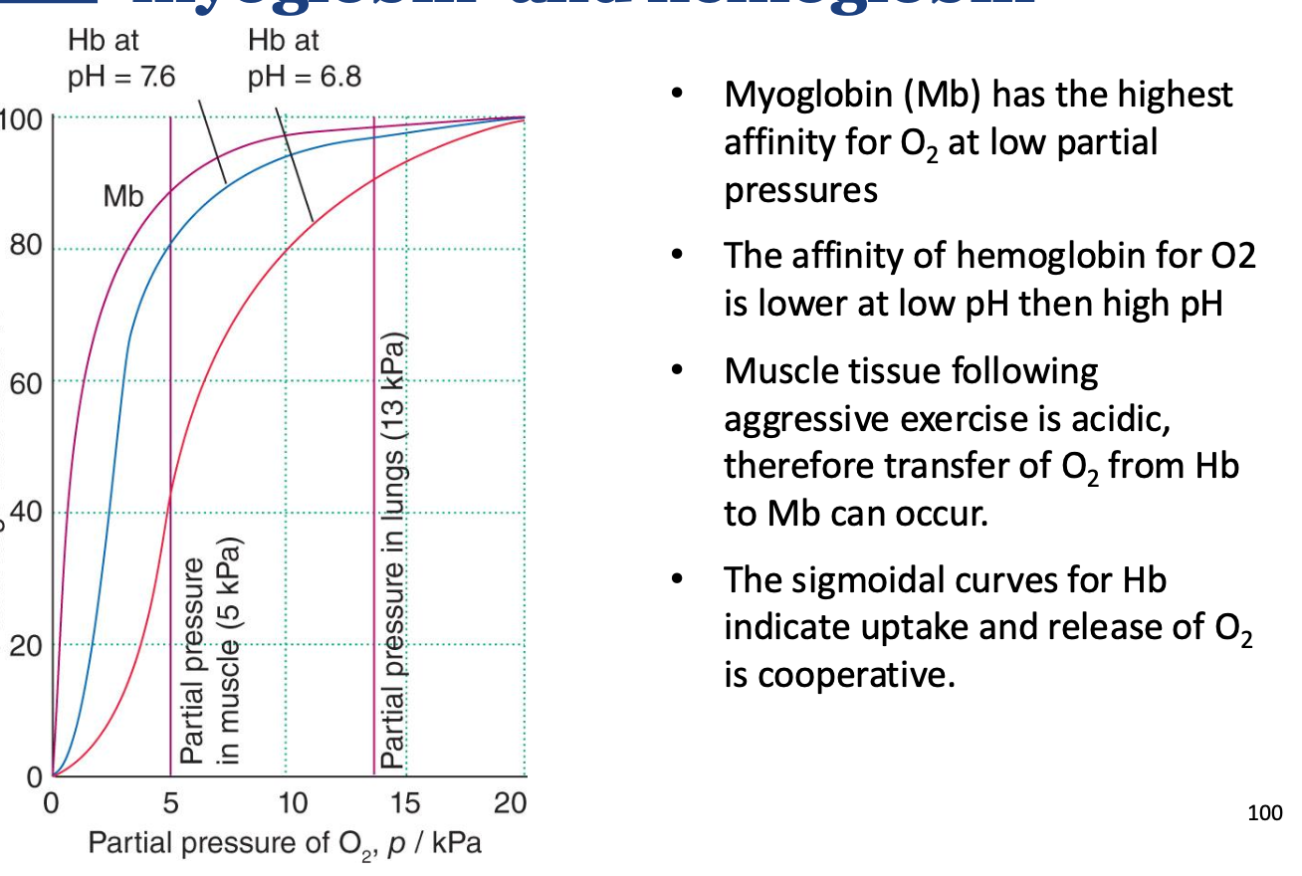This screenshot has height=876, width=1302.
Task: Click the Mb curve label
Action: [123, 196]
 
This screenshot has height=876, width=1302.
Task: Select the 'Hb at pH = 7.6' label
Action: [121, 59]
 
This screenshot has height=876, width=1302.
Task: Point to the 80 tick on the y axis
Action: [27, 248]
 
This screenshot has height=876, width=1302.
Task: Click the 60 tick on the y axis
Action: [27, 380]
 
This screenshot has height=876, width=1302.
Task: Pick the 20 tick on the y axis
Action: [27, 645]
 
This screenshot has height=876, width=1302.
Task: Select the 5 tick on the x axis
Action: [170, 803]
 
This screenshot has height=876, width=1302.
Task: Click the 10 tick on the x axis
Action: [291, 803]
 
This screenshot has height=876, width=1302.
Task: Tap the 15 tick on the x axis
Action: [406, 803]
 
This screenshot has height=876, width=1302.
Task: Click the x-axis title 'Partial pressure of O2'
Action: [286, 844]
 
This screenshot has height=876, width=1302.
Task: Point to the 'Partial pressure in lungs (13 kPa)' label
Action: [394, 553]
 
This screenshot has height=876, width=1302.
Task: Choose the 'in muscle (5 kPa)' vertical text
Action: [230, 652]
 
